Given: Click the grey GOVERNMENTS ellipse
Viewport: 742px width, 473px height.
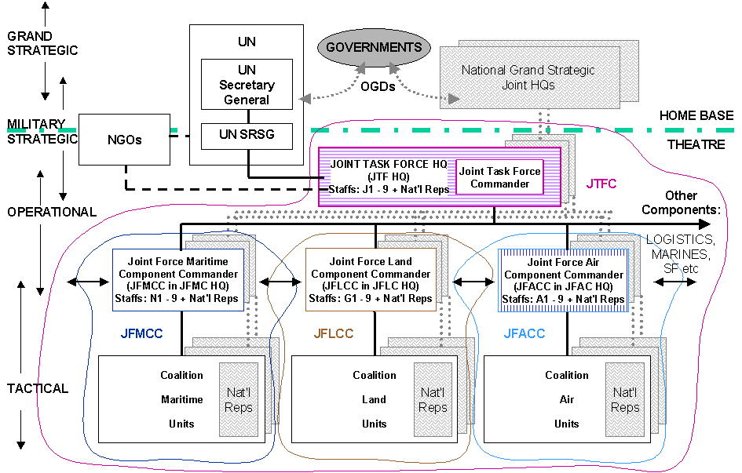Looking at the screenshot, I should tap(374, 47).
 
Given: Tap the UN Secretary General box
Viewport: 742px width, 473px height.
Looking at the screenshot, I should tap(247, 85).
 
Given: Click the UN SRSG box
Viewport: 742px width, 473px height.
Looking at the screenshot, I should tap(247, 136).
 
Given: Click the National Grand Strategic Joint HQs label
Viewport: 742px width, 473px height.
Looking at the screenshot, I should tap(528, 76).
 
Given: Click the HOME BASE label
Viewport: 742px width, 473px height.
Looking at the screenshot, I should tap(696, 115).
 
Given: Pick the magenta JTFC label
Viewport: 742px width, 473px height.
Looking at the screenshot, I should tap(601, 184).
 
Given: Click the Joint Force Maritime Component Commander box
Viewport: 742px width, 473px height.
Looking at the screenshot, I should tap(178, 280).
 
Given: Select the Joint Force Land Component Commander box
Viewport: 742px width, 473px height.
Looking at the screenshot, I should tap(371, 280).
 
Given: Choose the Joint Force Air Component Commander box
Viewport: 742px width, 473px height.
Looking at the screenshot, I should tap(564, 280).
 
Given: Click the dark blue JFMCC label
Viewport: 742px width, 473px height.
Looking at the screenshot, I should tap(141, 333).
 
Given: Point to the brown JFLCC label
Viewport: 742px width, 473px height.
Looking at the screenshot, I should tap(334, 333).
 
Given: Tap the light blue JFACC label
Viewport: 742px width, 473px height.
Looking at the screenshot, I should tap(524, 333).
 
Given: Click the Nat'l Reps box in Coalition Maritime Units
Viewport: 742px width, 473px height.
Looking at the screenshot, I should tap(239, 399).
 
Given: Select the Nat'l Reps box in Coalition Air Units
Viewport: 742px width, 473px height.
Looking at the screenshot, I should tap(625, 399).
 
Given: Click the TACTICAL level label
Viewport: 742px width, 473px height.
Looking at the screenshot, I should tap(37, 388).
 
